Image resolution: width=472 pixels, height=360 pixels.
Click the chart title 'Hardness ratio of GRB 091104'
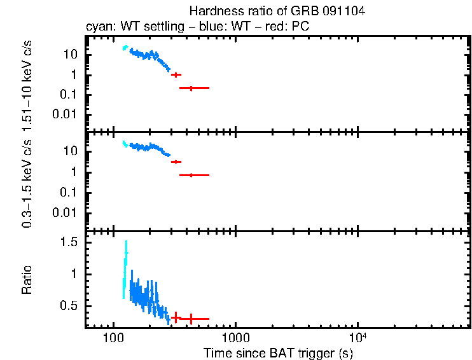(x=277, y=11)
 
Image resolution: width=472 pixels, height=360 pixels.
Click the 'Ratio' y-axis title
(x=27, y=280)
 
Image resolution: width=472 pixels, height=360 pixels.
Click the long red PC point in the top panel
(x=193, y=88)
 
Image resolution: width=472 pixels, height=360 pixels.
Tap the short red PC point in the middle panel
(x=176, y=162)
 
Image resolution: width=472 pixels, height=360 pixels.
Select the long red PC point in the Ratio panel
(x=194, y=318)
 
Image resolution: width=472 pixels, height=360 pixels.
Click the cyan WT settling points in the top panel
(x=125, y=48)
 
